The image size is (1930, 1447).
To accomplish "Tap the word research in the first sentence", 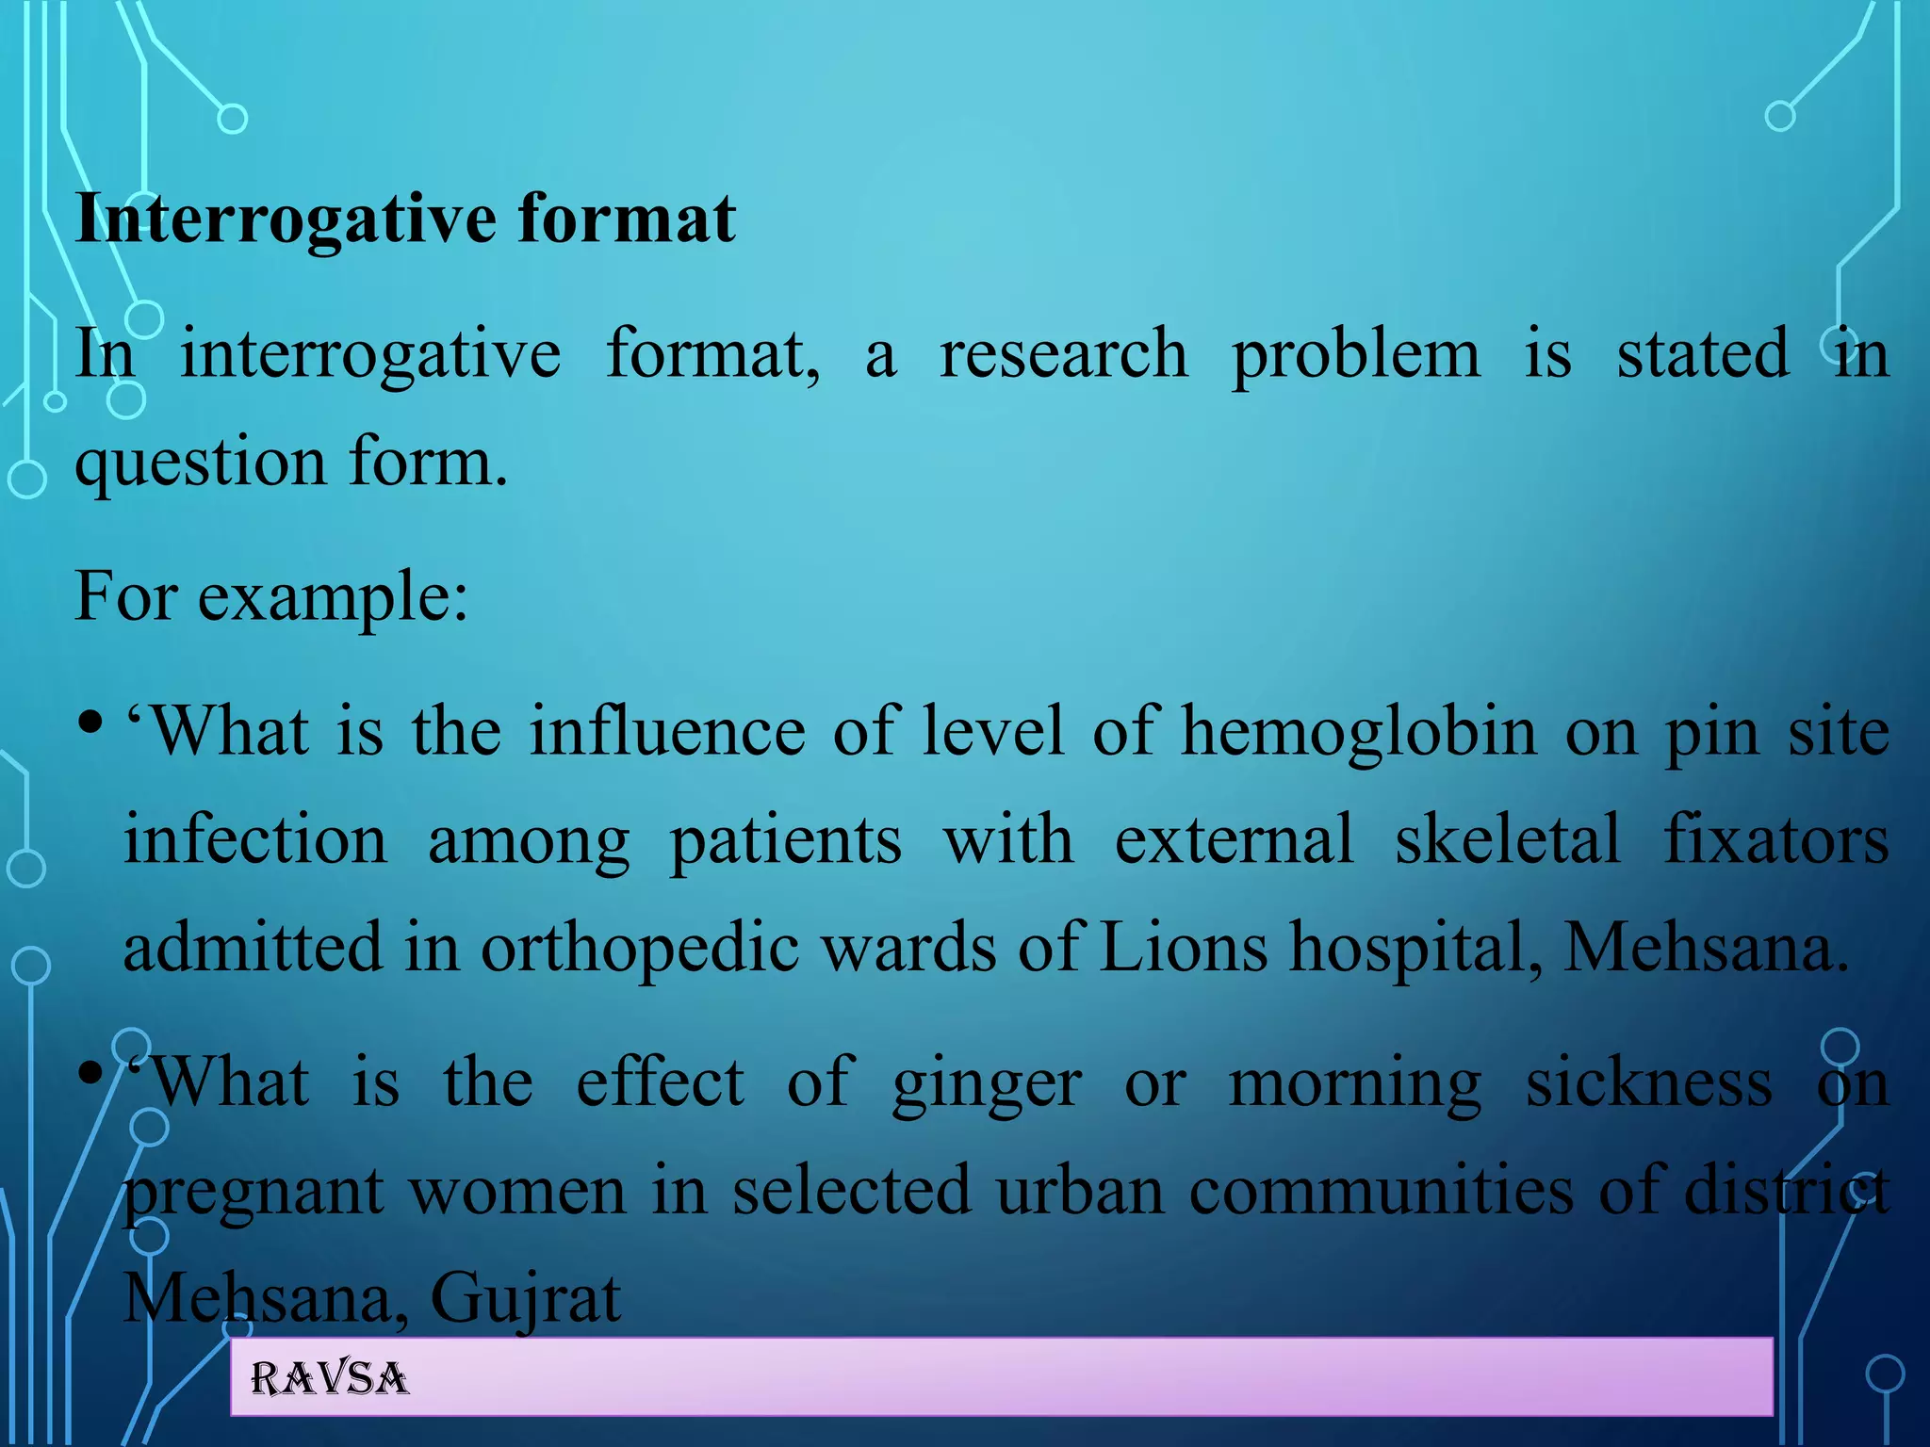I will tap(1063, 354).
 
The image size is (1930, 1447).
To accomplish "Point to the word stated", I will tap(1702, 354).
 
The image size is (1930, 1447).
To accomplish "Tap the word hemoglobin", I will tap(1358, 733).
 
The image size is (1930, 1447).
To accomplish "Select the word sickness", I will tap(1648, 1083).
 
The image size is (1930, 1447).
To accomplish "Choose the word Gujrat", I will tap(525, 1298).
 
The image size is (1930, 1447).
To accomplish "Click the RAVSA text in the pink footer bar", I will tap(329, 1379).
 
